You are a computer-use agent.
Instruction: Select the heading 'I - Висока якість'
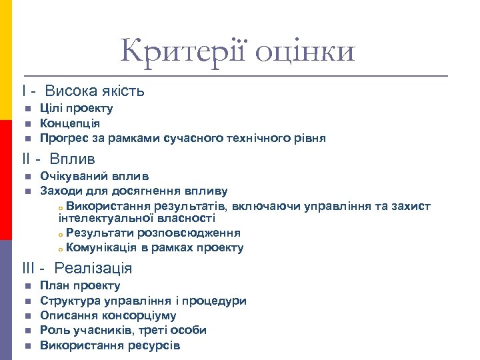click(x=83, y=91)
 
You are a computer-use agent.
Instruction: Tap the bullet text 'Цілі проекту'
click(x=76, y=109)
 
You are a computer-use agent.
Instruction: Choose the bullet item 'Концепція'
click(x=70, y=123)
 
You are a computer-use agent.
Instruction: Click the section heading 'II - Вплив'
click(x=59, y=159)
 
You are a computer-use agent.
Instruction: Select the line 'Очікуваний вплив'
click(x=94, y=177)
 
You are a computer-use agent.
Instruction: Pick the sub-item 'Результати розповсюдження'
click(x=153, y=233)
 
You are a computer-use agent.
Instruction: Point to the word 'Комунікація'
click(x=101, y=248)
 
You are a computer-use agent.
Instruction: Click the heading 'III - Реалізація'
click(x=77, y=269)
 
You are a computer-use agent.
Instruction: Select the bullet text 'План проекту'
click(x=80, y=286)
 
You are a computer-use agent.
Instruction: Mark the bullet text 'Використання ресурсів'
click(x=110, y=345)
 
